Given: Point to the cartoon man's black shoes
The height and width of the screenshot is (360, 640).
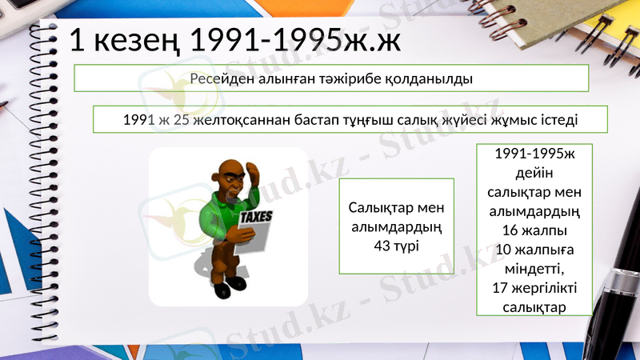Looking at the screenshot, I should point(229,284).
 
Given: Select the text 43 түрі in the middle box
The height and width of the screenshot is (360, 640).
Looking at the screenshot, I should point(397,245).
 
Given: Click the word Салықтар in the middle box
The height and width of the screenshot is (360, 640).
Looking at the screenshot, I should point(397,208).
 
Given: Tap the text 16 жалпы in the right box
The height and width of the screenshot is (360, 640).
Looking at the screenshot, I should point(534,230).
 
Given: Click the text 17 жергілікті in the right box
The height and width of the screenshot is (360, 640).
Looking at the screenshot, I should point(534,288).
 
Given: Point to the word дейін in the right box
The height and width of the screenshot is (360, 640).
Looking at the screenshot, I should point(534,173).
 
